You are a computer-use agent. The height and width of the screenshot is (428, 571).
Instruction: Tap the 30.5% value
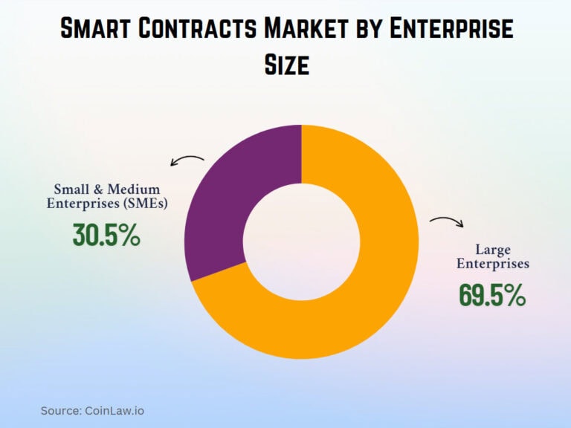(106, 236)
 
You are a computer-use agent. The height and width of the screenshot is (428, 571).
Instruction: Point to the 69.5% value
(492, 295)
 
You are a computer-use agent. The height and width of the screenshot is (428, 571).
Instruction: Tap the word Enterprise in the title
(454, 30)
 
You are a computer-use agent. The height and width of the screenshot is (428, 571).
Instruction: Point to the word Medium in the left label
(134, 189)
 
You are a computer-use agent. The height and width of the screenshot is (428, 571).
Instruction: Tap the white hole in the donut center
(300, 242)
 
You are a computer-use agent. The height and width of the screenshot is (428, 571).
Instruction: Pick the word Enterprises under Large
(492, 264)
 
